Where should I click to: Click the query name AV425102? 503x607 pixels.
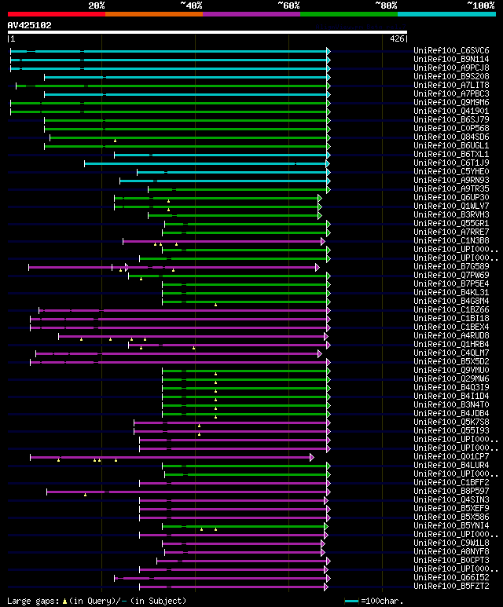(29, 25)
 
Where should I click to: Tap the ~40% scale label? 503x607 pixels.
(191, 5)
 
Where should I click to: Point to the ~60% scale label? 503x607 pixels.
(288, 5)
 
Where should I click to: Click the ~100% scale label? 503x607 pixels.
(480, 5)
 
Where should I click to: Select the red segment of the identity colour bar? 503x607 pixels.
(56, 13)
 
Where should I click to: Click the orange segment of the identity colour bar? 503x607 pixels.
(153, 13)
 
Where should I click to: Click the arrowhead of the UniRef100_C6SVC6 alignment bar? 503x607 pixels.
(328, 51)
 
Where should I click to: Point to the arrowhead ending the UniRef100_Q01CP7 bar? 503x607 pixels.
(312, 457)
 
